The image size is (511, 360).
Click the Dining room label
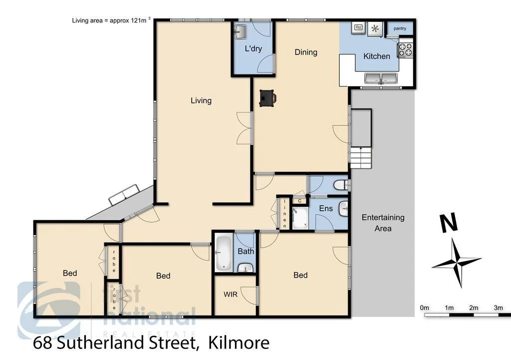pos(306,52)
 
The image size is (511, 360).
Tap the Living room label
pos(201,100)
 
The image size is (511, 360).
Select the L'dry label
pos(254,49)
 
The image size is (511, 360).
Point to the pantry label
pos(400,28)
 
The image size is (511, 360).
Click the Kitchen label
pos(377,56)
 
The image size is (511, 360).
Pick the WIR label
pos(230,295)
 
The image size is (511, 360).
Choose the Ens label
pos(326,208)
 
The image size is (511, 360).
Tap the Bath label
pos(246,251)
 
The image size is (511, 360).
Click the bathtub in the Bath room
pos(223,254)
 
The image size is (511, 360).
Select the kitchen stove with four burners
pos(405,50)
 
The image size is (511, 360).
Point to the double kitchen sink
pos(380,78)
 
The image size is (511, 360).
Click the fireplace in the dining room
pos(267,98)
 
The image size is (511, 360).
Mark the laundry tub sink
pos(241,32)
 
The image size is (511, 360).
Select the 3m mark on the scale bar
pos(498,308)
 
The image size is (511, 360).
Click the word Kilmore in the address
pos(239,343)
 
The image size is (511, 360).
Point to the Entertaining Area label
pos(383,223)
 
